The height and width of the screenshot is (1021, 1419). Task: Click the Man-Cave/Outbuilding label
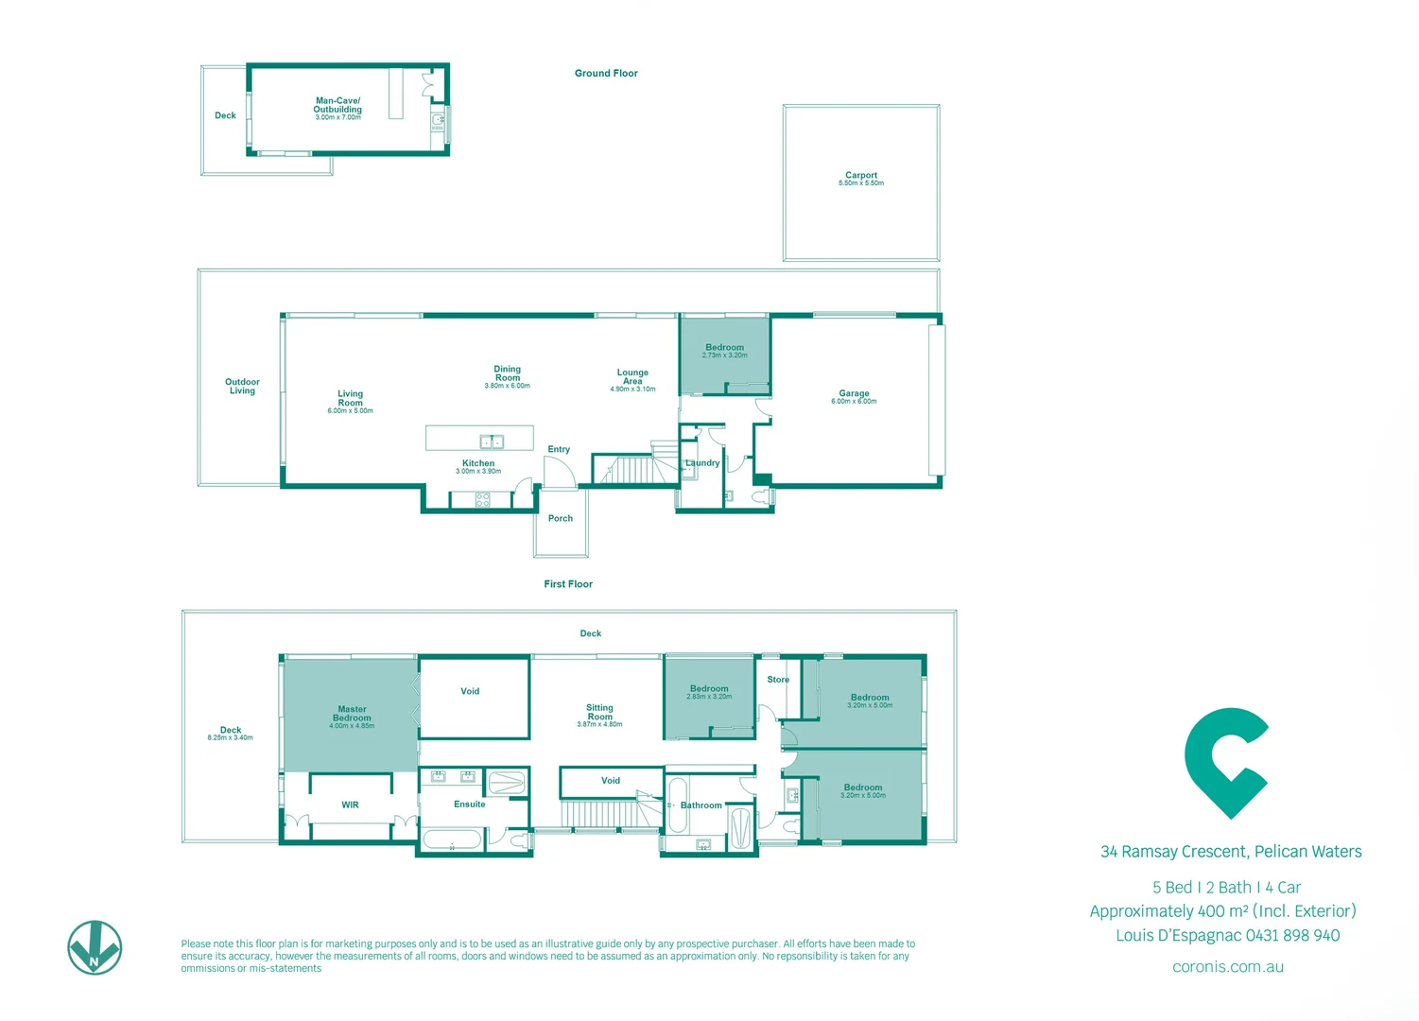coord(337,106)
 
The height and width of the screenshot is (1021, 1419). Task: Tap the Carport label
coord(860,177)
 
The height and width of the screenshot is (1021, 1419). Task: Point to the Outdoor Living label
coord(242,386)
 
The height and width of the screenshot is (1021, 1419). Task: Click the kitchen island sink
coord(492,441)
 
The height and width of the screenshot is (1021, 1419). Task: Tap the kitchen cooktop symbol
coord(482,499)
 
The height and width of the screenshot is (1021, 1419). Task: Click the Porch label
coord(560,518)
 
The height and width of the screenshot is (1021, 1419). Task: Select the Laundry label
coord(702,463)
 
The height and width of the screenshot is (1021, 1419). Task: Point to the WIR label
coord(350,805)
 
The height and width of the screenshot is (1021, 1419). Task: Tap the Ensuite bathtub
coord(452,839)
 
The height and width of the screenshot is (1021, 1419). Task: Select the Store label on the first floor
coord(778,680)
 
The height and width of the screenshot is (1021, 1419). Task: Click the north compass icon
coord(95,947)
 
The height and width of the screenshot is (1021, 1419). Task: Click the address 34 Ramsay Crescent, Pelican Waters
coord(1231,852)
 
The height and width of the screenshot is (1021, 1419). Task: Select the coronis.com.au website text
coord(1227,967)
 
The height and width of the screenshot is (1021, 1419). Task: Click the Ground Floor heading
coord(606,73)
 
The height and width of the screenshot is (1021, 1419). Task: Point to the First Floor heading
coord(568,584)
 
